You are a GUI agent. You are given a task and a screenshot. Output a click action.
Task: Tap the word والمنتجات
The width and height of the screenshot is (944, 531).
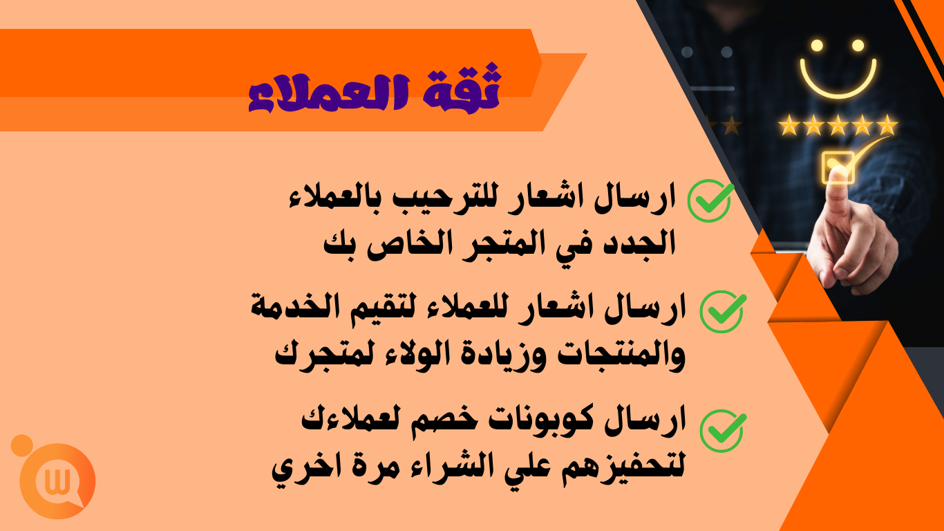click(x=621, y=354)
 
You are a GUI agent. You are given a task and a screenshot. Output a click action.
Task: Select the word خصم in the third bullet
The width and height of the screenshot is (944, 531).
click(x=438, y=420)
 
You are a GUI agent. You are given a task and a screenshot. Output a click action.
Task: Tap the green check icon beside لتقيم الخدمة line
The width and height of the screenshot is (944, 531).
click(x=722, y=312)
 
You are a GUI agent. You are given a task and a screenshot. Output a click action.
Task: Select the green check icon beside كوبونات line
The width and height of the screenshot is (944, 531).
click(x=722, y=431)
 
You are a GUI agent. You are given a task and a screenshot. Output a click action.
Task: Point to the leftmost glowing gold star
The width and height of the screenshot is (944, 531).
click(x=789, y=125)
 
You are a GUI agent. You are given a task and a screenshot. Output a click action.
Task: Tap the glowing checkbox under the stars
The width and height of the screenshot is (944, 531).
click(x=838, y=168)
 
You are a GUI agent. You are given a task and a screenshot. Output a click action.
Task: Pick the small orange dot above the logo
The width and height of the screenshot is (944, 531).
click(x=22, y=445)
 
